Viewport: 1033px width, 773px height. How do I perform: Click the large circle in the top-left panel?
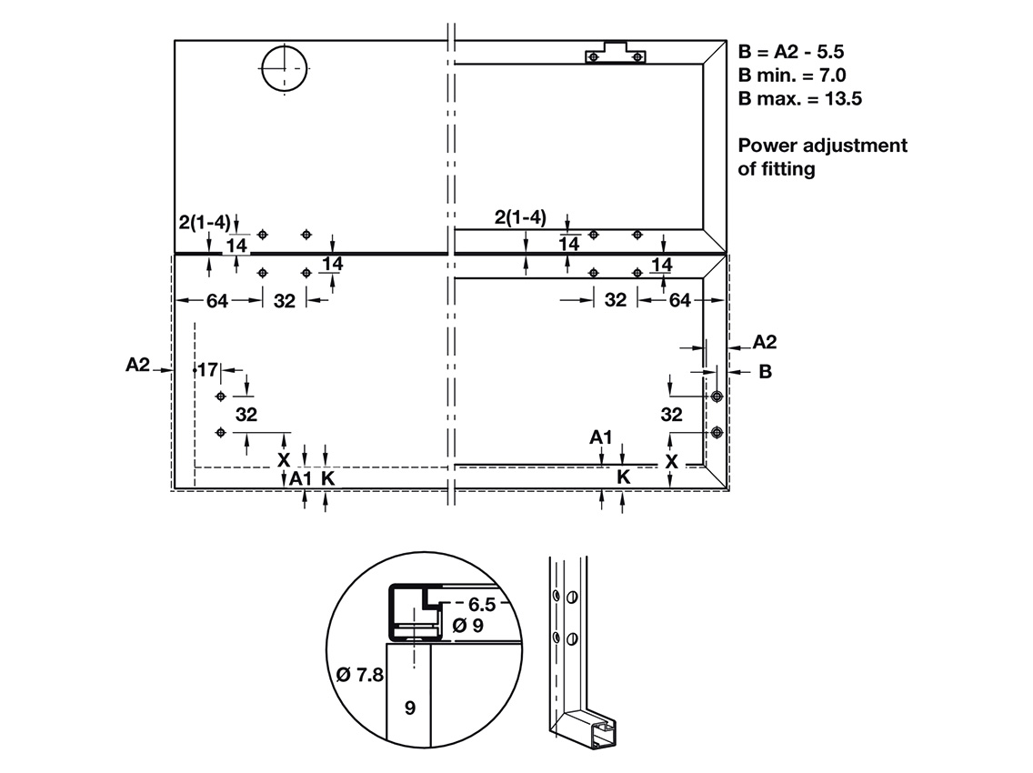(x=285, y=68)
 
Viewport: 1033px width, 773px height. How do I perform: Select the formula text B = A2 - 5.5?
(x=790, y=52)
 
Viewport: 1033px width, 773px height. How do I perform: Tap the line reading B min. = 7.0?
(x=792, y=75)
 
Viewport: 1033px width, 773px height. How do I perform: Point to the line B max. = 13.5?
(x=800, y=99)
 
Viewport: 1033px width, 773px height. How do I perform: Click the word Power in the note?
(x=767, y=145)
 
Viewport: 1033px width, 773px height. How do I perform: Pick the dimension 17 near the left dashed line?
(x=207, y=370)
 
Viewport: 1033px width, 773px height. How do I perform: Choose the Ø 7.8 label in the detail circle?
(x=360, y=674)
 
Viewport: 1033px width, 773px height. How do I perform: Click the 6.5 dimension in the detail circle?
(x=482, y=604)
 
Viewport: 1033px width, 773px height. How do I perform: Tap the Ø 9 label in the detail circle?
(x=467, y=625)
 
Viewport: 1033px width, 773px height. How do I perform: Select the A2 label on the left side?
(x=137, y=365)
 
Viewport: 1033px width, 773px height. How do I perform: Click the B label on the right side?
(x=765, y=372)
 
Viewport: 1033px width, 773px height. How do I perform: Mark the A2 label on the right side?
(x=764, y=342)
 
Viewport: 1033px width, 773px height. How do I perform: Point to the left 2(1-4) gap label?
(x=205, y=222)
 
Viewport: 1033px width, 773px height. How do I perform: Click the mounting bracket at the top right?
(x=616, y=53)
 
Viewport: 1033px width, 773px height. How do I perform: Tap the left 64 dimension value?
(x=217, y=301)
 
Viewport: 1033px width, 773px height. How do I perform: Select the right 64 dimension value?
(x=680, y=300)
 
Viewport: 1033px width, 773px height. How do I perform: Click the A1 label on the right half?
(x=601, y=437)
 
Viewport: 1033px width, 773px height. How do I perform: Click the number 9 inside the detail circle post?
(x=410, y=708)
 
